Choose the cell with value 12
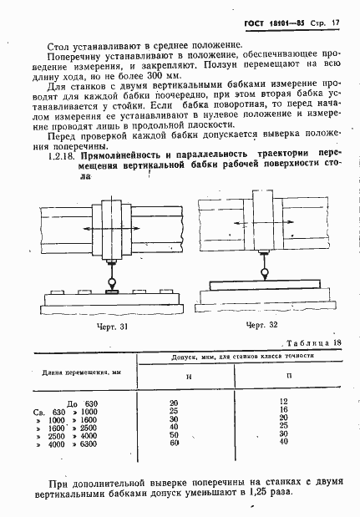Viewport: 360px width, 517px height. (x=283, y=402)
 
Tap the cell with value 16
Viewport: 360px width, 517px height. (x=283, y=410)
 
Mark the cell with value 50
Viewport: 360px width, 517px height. (x=173, y=435)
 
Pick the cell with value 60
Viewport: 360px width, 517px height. (x=173, y=444)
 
